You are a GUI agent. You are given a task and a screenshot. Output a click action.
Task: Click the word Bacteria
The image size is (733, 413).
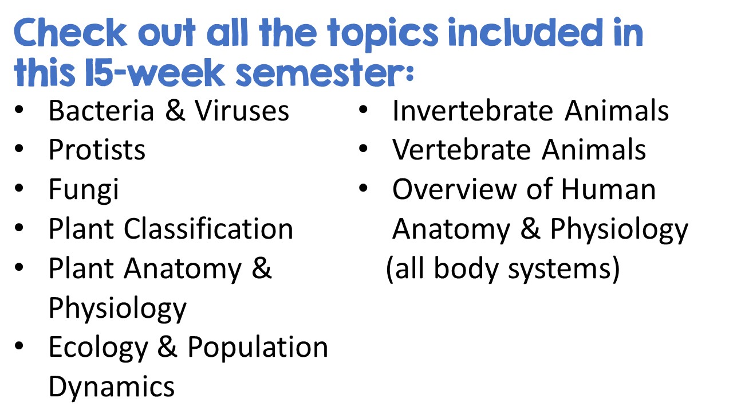[x=101, y=111]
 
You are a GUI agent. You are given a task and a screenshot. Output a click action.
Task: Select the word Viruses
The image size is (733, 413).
[x=242, y=111]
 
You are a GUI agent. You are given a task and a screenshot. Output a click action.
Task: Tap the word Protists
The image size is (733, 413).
[x=97, y=150]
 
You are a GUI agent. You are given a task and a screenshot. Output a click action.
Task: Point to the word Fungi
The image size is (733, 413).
[x=84, y=190]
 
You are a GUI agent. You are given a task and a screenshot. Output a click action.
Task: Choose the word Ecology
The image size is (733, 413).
[x=98, y=348]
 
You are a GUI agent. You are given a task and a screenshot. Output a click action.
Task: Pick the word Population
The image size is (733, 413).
[x=258, y=348]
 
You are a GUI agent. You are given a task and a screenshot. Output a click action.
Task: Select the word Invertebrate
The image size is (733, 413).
[x=473, y=111]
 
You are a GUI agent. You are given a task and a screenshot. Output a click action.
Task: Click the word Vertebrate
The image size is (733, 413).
[x=462, y=150]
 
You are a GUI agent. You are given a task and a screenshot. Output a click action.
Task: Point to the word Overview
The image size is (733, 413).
[x=454, y=189]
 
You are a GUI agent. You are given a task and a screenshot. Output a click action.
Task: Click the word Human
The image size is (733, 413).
[x=609, y=189]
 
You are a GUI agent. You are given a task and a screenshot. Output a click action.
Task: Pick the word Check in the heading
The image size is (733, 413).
[x=70, y=33]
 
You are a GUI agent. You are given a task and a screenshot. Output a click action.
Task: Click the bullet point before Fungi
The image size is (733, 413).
[x=19, y=189]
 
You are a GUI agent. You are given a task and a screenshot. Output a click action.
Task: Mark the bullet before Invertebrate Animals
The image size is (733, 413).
[x=363, y=110]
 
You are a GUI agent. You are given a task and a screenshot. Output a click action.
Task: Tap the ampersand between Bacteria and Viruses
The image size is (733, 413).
[x=175, y=111]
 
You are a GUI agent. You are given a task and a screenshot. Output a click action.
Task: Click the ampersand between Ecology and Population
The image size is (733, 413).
[x=168, y=347]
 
